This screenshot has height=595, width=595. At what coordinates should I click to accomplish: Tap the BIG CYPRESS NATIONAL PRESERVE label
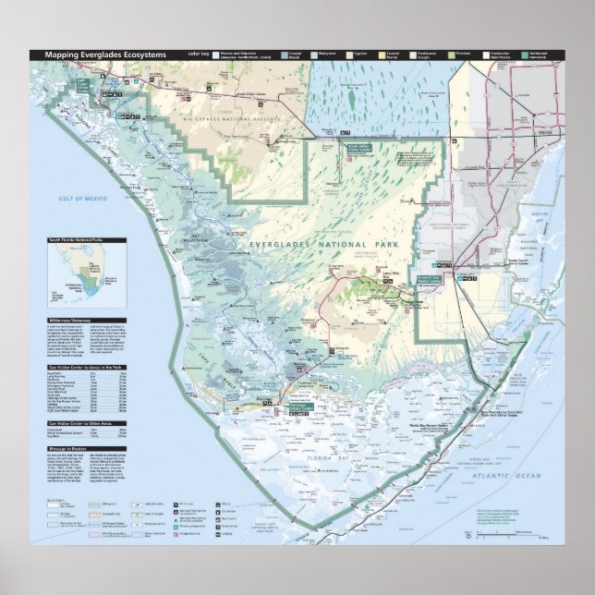(230, 119)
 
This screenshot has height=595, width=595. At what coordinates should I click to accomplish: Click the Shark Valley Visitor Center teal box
(333, 147)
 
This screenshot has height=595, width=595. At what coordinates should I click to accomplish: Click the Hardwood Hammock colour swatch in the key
(527, 55)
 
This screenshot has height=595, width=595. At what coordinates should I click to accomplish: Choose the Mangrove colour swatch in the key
(314, 55)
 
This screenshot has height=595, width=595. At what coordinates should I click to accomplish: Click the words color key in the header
(200, 55)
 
